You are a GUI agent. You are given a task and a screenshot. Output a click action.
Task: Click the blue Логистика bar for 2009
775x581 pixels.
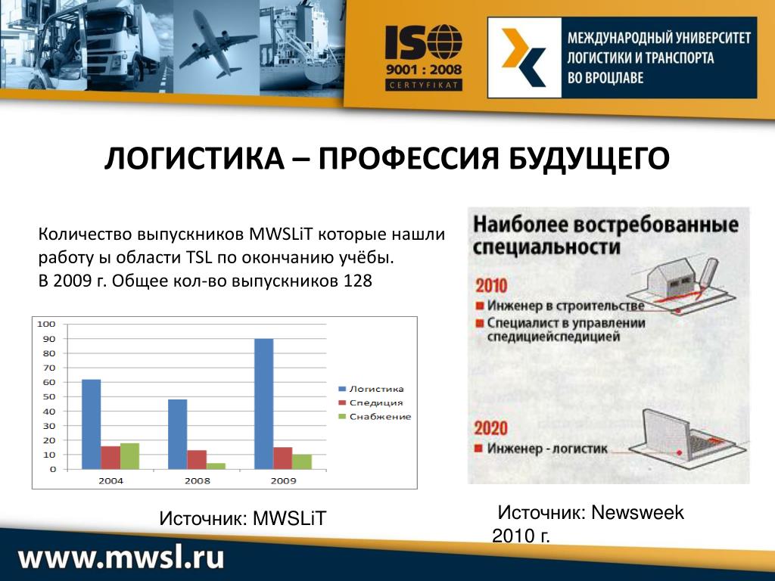(264, 404)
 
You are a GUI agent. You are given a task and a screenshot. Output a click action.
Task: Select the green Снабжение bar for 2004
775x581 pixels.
(129, 456)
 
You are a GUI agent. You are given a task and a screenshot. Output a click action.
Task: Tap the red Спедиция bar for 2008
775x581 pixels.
(197, 460)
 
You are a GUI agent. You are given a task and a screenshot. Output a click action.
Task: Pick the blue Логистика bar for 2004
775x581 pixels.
(92, 424)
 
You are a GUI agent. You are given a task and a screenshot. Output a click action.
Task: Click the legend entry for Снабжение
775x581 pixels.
(375, 417)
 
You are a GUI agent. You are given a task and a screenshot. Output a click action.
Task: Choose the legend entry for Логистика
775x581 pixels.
(371, 389)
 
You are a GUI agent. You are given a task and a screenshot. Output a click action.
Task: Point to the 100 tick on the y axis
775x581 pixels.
(46, 324)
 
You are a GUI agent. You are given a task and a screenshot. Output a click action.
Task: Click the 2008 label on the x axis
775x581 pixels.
(198, 480)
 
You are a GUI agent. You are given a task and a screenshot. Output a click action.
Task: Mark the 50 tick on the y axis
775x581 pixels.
(48, 396)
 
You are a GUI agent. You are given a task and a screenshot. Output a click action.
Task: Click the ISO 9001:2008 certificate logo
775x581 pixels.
(424, 57)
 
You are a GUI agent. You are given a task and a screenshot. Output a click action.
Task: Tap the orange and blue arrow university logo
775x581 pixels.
(524, 57)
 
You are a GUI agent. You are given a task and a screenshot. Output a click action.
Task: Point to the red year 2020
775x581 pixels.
(490, 428)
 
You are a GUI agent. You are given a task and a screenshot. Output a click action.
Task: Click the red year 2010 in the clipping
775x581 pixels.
(491, 285)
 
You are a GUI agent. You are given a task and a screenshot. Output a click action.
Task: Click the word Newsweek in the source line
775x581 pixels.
(637, 513)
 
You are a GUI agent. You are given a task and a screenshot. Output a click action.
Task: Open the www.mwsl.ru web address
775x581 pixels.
(122, 557)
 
